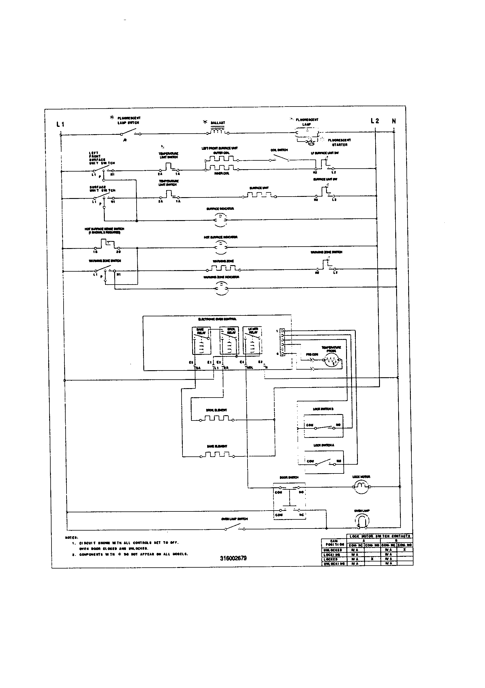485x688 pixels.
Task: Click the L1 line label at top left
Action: click(x=60, y=124)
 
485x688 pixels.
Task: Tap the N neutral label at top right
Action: click(x=394, y=121)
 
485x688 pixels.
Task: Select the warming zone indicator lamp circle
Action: click(x=221, y=288)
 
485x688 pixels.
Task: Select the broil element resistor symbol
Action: click(x=217, y=419)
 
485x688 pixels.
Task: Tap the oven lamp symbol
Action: click(x=362, y=521)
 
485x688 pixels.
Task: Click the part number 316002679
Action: click(x=233, y=558)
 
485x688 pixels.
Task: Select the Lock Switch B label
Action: click(x=323, y=409)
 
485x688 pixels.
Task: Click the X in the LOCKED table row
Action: click(x=372, y=559)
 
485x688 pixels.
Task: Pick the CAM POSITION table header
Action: click(x=334, y=543)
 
